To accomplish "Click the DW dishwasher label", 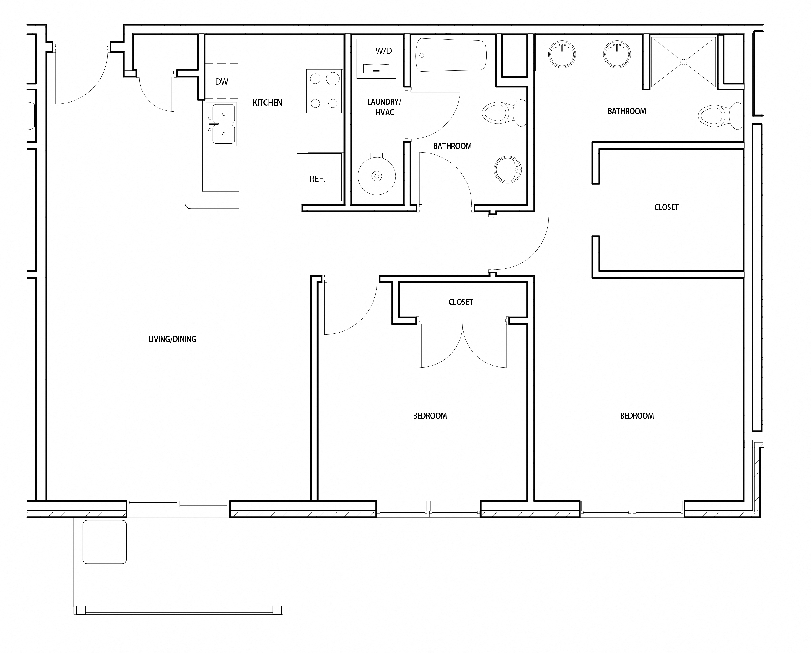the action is click(x=222, y=82).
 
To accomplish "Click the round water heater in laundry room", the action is click(x=377, y=175).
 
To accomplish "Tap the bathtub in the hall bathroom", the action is click(x=451, y=55).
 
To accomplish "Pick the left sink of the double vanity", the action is click(x=562, y=55).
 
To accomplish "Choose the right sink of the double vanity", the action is click(x=617, y=55).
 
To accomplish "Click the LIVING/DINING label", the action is click(x=172, y=339).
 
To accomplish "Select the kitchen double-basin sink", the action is click(x=221, y=124).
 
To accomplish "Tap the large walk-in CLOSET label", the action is click(x=666, y=207).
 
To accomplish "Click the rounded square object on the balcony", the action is click(x=105, y=542).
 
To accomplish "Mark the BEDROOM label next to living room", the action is click(x=430, y=416).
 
